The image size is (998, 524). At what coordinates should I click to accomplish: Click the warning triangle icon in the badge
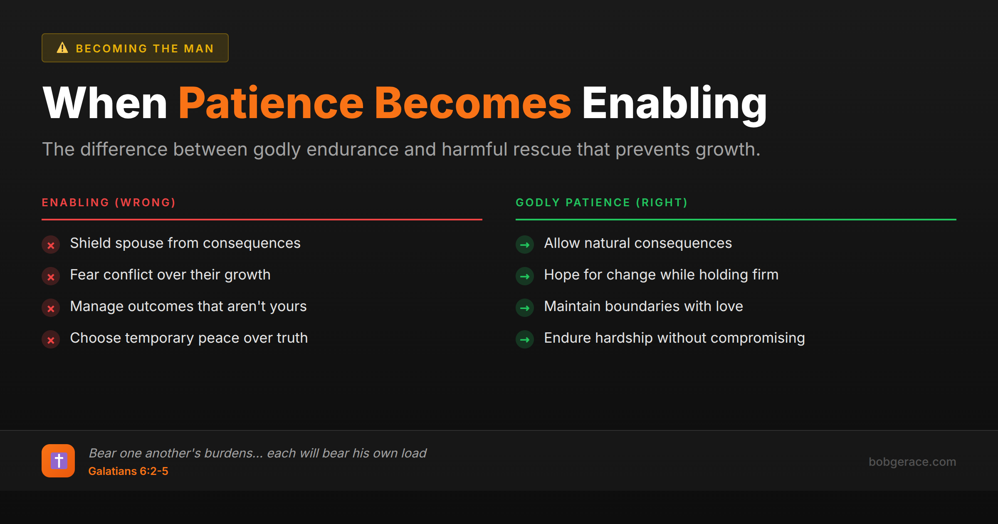pyautogui.click(x=62, y=48)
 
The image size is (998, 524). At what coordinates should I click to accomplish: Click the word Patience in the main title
pyautogui.click(x=271, y=103)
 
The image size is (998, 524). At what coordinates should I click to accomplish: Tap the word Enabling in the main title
pyautogui.click(x=674, y=103)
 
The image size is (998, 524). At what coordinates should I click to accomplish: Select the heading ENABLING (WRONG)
pyautogui.click(x=109, y=203)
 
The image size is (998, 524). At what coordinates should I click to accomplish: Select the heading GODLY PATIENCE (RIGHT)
pyautogui.click(x=602, y=203)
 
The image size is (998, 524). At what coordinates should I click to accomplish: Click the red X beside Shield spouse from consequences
pyautogui.click(x=51, y=245)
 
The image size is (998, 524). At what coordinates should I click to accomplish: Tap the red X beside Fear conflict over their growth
pyautogui.click(x=51, y=277)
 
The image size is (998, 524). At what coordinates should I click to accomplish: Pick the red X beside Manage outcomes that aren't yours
pyautogui.click(x=51, y=308)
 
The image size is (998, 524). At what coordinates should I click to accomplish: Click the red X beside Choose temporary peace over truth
pyautogui.click(x=51, y=340)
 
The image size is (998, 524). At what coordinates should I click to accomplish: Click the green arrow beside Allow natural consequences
pyautogui.click(x=525, y=245)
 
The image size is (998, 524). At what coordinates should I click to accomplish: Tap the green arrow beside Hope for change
pyautogui.click(x=525, y=277)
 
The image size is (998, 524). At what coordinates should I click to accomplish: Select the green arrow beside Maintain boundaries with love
pyautogui.click(x=525, y=308)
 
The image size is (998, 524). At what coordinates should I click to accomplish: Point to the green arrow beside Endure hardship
pyautogui.click(x=525, y=340)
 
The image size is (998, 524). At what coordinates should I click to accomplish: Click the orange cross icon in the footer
pyautogui.click(x=58, y=461)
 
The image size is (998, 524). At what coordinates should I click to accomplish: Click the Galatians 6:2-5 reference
pyautogui.click(x=128, y=471)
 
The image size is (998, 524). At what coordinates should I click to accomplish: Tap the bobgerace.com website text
pyautogui.click(x=912, y=462)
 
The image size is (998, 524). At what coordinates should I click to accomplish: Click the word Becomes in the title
pyautogui.click(x=473, y=103)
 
